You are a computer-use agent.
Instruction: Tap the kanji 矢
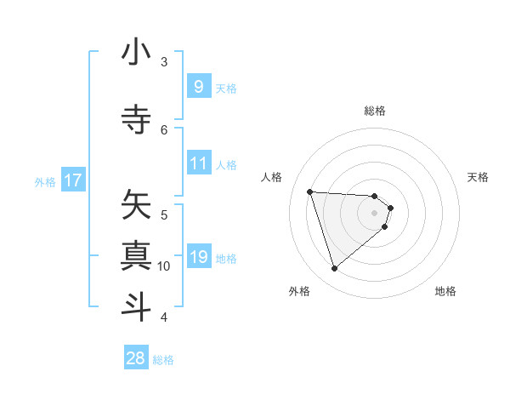[x=136, y=203]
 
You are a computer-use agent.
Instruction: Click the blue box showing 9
[x=198, y=87]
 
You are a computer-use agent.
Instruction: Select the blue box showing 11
[x=198, y=163]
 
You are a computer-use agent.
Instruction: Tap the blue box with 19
[x=198, y=257]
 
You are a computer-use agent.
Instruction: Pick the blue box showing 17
[x=73, y=180]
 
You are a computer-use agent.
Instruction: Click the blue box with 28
[x=136, y=358]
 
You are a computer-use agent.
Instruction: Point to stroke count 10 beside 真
[x=164, y=266]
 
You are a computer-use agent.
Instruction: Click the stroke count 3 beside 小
[x=164, y=62]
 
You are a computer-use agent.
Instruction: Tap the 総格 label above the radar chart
[x=375, y=111]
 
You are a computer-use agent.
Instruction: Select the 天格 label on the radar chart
[x=479, y=177]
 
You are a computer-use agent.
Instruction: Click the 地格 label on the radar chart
[x=445, y=291]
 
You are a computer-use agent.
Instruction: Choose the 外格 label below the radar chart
[x=299, y=291]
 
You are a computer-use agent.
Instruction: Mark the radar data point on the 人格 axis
[x=310, y=191]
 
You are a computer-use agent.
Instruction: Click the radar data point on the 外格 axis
[x=335, y=269]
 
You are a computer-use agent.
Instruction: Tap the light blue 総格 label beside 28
[x=163, y=359]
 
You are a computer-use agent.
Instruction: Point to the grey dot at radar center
[x=375, y=224]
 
